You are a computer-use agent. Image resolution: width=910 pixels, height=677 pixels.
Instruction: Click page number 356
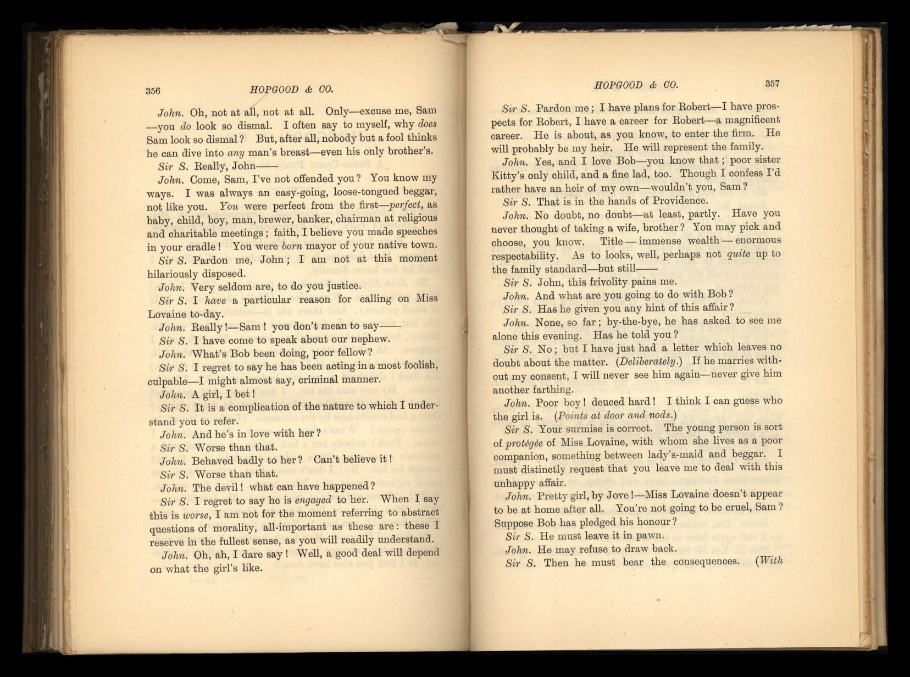153,91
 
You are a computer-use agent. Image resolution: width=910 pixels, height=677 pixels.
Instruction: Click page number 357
772,84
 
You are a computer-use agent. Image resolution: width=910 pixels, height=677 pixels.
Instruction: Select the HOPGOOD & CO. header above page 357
636,85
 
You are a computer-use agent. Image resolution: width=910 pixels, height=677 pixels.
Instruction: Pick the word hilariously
176,274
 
